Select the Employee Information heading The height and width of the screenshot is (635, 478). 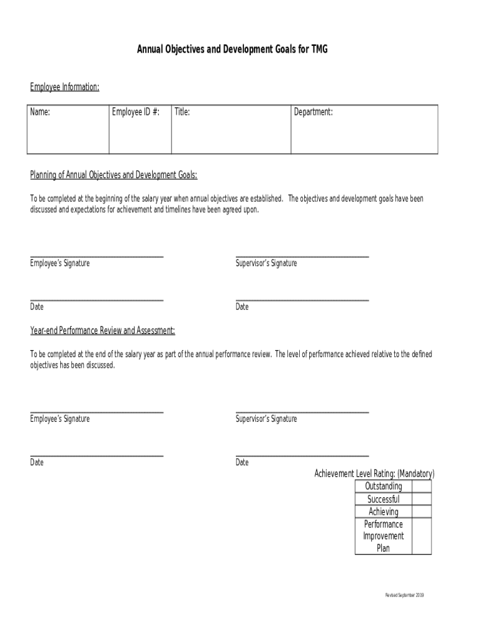coord(65,87)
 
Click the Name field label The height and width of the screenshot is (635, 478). coord(40,112)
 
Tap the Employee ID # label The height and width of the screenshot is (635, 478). coord(135,112)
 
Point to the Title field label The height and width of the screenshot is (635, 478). coord(182,112)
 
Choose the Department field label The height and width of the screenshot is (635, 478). coord(314,112)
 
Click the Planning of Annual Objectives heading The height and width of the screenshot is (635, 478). coord(114,175)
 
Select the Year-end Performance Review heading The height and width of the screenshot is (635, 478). coord(102,331)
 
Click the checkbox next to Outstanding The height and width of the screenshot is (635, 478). coord(422,486)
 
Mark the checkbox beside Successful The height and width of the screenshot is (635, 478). coord(422,499)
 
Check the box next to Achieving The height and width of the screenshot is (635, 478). coord(422,512)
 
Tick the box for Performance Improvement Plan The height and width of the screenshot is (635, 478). coord(422,536)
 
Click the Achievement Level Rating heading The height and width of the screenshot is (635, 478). coord(374,474)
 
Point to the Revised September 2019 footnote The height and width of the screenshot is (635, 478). coord(404,595)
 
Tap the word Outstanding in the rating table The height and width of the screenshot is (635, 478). coord(384,486)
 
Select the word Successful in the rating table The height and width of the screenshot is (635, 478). coord(384,499)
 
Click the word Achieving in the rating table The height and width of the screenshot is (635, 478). coord(384,512)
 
